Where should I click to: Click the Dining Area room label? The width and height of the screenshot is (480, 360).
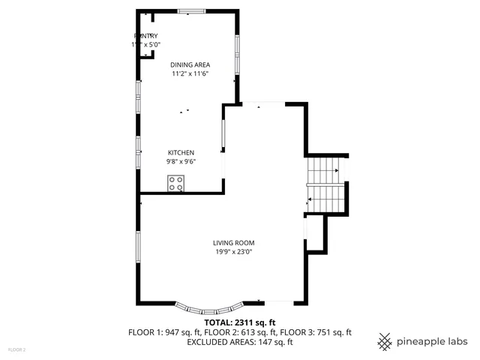coord(190,65)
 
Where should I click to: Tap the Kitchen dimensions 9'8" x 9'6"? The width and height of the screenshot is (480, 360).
coord(180,161)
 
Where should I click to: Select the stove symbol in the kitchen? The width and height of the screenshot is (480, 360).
coord(177,183)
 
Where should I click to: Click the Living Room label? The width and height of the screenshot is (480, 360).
coord(234,243)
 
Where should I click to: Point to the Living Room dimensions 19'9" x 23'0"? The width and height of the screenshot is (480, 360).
coord(233,252)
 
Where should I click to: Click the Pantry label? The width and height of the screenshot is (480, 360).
coord(145,36)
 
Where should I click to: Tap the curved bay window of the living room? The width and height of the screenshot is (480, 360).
coord(209,307)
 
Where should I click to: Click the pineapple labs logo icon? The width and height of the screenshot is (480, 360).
coord(385,342)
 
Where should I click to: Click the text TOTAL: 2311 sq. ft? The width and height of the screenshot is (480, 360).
coord(240,322)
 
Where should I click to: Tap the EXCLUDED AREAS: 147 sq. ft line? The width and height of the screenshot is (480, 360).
coord(240,342)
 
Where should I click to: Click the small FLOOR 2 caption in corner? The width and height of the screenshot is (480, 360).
coord(16,349)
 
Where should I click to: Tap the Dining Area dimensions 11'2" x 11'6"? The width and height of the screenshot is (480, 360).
coord(190,74)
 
